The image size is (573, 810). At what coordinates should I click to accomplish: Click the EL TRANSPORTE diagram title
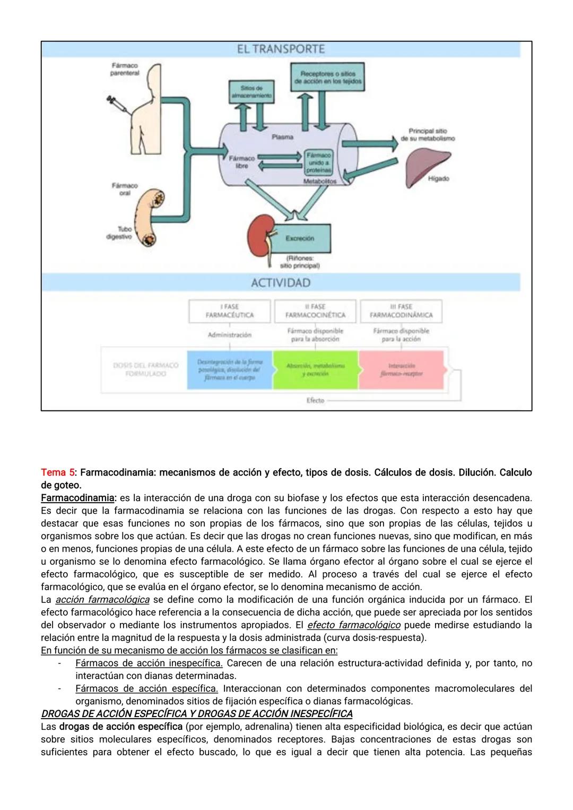(x=281, y=49)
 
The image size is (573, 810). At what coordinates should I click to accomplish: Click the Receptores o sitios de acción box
(x=327, y=77)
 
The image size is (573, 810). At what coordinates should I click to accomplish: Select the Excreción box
(x=300, y=238)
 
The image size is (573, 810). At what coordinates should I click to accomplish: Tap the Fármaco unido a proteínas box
(x=318, y=162)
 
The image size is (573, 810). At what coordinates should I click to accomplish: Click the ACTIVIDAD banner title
(x=281, y=282)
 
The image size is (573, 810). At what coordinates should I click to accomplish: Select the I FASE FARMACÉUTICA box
(x=229, y=311)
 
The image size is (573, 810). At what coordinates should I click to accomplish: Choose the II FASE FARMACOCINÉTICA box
(x=315, y=311)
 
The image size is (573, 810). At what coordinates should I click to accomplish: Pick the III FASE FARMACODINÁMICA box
(x=401, y=311)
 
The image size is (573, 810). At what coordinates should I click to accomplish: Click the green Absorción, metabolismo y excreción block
(x=315, y=370)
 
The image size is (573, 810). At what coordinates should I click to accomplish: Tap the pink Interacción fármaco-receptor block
(x=402, y=370)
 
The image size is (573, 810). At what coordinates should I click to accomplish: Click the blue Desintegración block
(x=229, y=370)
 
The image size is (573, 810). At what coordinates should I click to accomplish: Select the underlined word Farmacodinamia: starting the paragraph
(x=78, y=498)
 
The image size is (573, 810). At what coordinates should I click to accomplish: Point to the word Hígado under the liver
(x=438, y=179)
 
